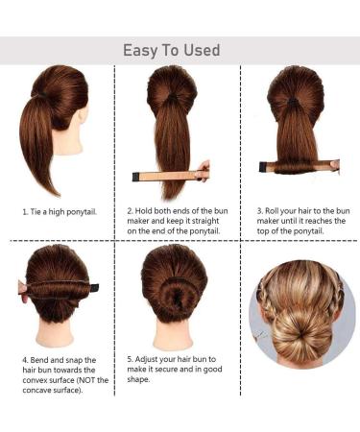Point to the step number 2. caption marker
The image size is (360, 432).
point(130,208)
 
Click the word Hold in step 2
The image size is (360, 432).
point(147,208)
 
